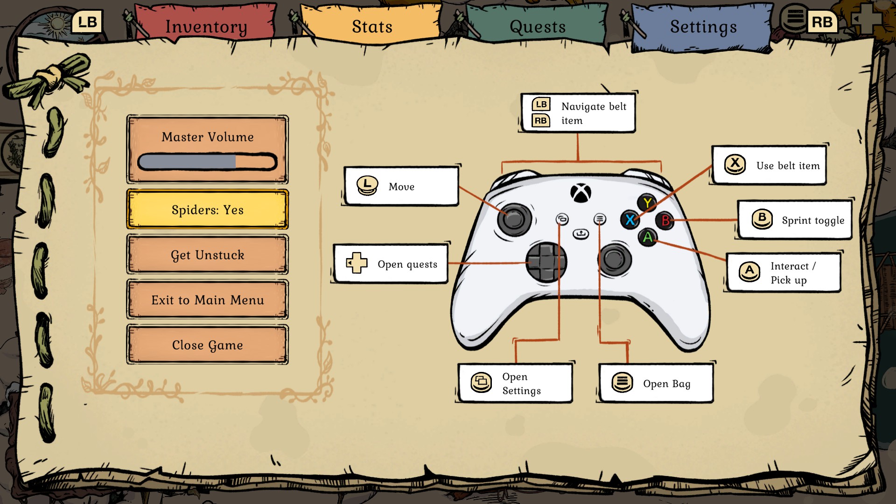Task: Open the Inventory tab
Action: point(206,27)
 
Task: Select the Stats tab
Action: point(372,27)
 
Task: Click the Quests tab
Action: point(538,27)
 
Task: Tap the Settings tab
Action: point(703,27)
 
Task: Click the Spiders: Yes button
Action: point(208,210)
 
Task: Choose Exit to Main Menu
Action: point(208,300)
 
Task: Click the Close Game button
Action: point(208,345)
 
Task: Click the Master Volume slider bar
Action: point(208,162)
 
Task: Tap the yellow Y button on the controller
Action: point(647,203)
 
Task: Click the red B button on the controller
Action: point(665,220)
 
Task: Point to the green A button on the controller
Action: point(648,238)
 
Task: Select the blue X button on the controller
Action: point(630,220)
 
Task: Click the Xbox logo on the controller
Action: point(581,193)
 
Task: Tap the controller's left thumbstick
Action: point(514,218)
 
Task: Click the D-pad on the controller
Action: point(546,262)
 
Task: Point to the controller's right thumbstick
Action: point(615,259)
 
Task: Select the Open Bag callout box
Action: point(656,384)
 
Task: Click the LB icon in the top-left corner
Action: point(87,22)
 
